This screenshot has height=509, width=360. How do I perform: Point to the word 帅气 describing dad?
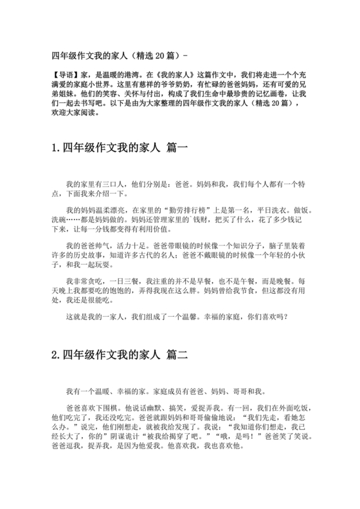[107, 246]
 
